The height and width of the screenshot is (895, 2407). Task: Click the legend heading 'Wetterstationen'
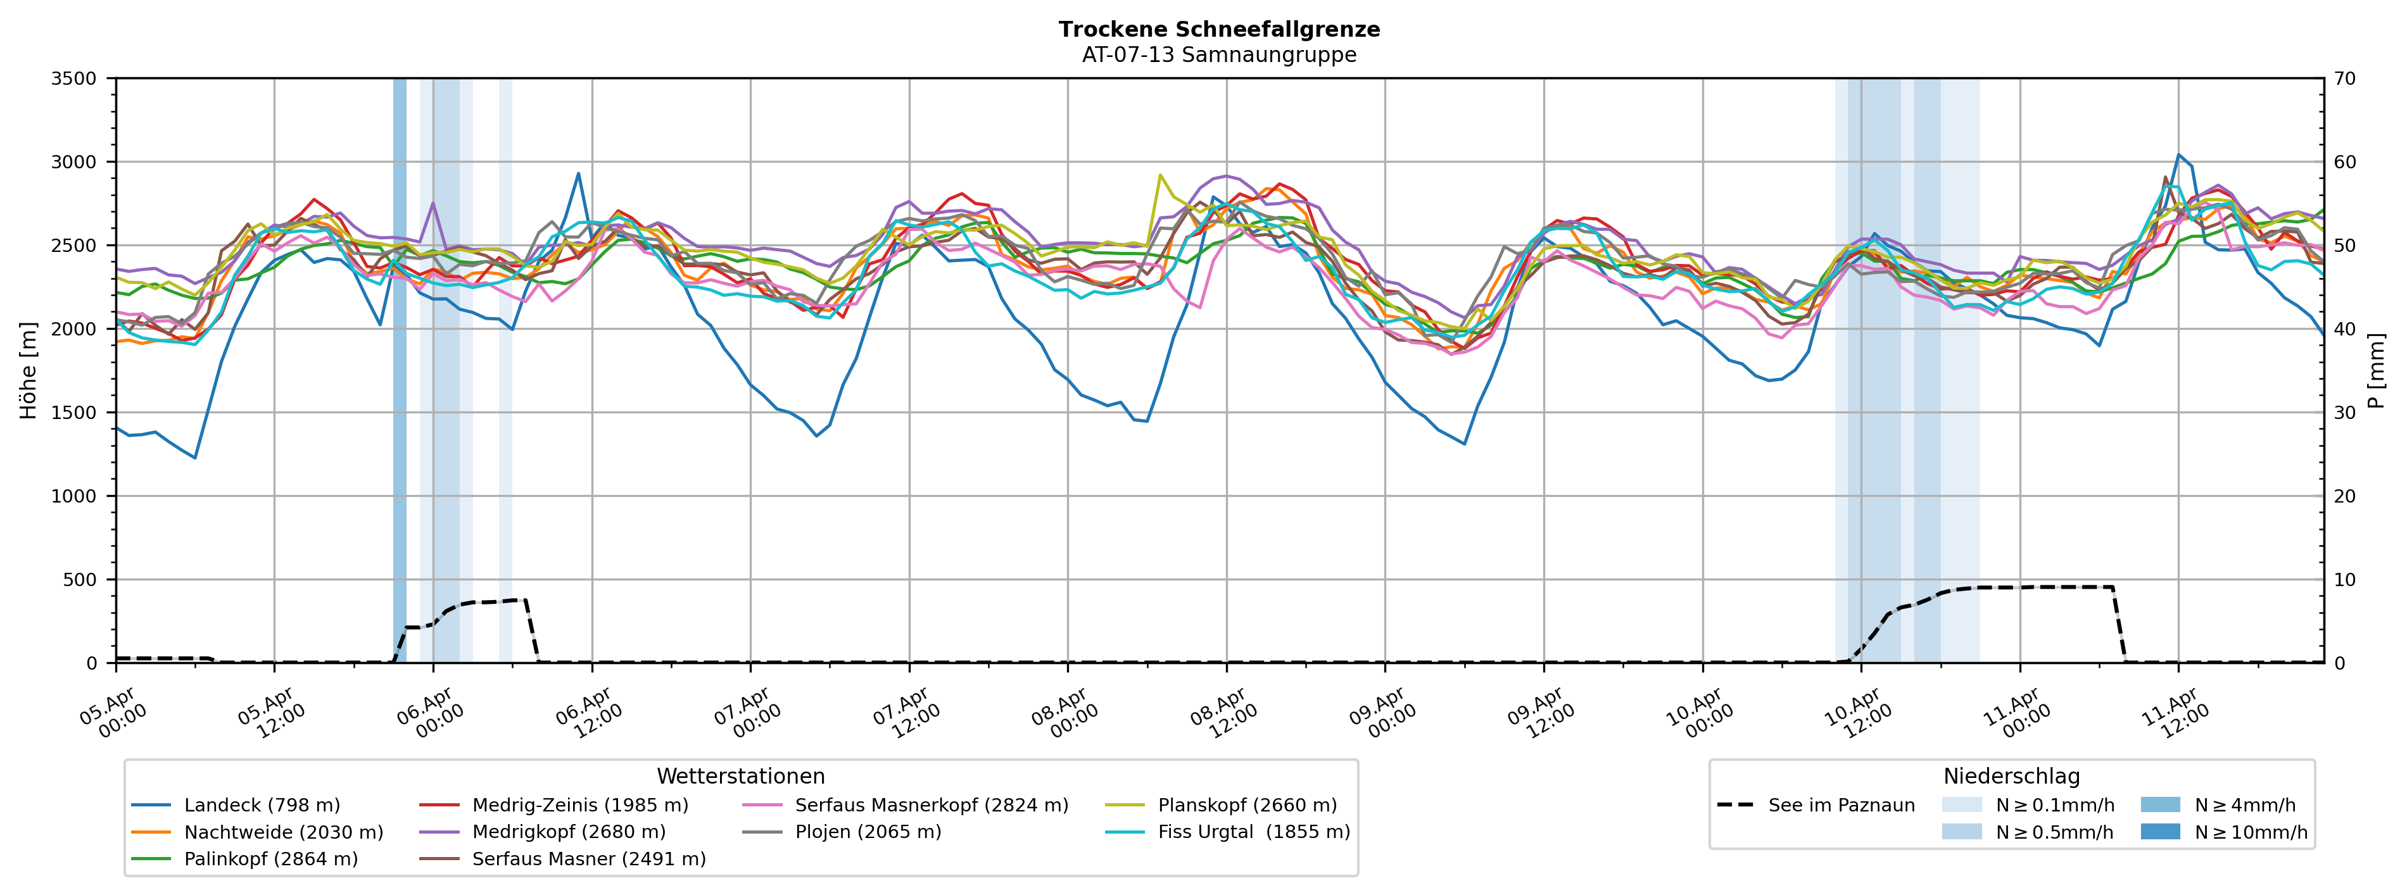point(740,777)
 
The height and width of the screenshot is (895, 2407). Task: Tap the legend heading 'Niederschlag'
point(2011,777)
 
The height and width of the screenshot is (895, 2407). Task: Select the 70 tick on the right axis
point(2346,78)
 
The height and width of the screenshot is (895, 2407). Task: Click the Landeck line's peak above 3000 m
point(2179,155)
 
